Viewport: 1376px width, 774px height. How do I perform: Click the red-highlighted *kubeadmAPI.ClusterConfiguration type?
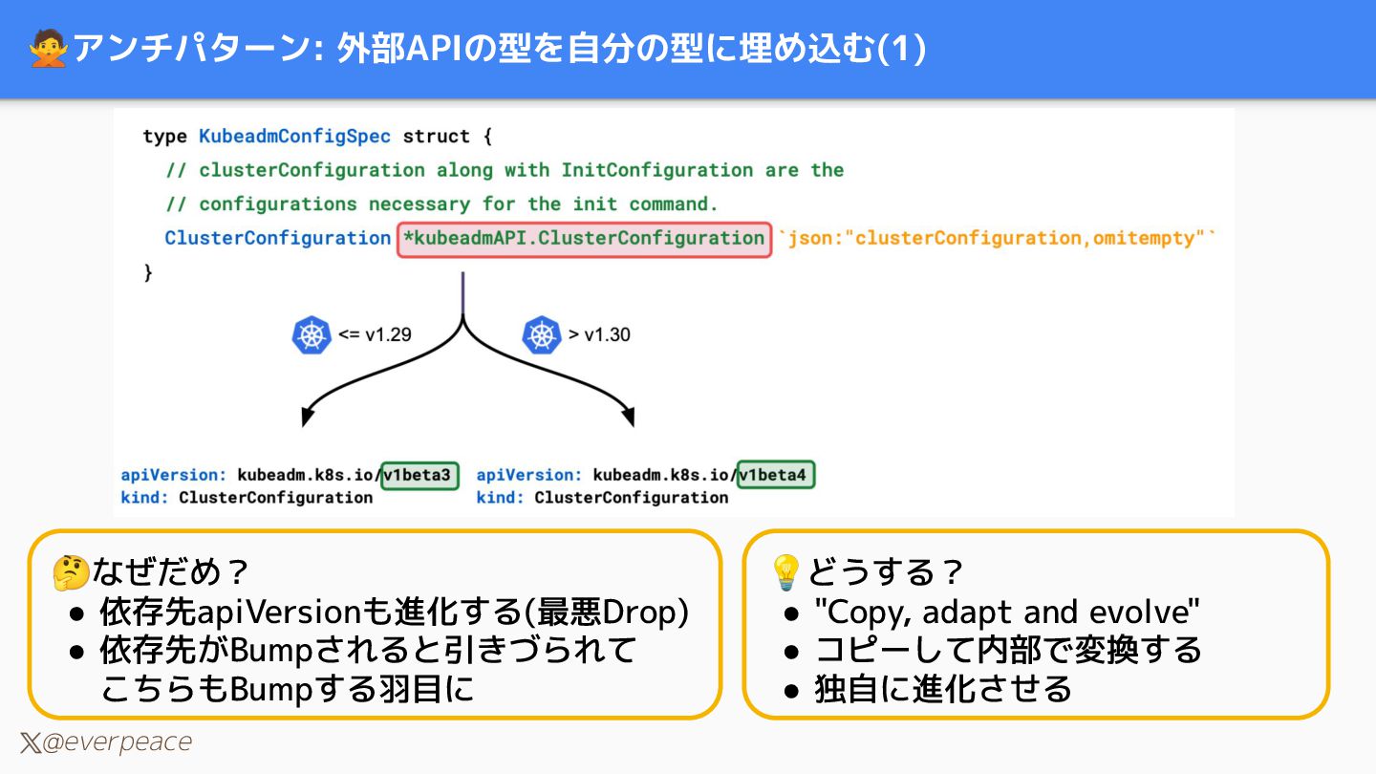(x=584, y=239)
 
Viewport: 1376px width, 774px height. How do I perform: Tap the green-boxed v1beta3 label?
(x=419, y=475)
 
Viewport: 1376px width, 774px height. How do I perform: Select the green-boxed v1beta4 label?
(x=776, y=475)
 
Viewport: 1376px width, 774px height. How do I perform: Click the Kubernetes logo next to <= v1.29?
(x=311, y=335)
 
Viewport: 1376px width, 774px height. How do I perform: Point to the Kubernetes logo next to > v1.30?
(x=541, y=335)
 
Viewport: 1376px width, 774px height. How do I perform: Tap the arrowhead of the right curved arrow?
(x=628, y=417)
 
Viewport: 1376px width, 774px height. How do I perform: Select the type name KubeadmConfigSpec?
(x=294, y=137)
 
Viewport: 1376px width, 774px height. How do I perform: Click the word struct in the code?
(x=437, y=137)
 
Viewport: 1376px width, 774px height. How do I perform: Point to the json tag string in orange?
(x=998, y=239)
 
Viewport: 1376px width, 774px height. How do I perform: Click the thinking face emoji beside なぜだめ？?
(x=71, y=573)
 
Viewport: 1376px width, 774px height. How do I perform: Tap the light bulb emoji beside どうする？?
(x=785, y=573)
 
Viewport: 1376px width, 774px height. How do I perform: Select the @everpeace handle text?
(x=117, y=742)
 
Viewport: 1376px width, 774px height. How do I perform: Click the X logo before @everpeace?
(x=30, y=742)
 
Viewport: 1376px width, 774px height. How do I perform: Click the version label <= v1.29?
(x=375, y=335)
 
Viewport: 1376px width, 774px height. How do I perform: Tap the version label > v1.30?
(x=599, y=335)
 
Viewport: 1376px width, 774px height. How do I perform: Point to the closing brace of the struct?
(x=148, y=273)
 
